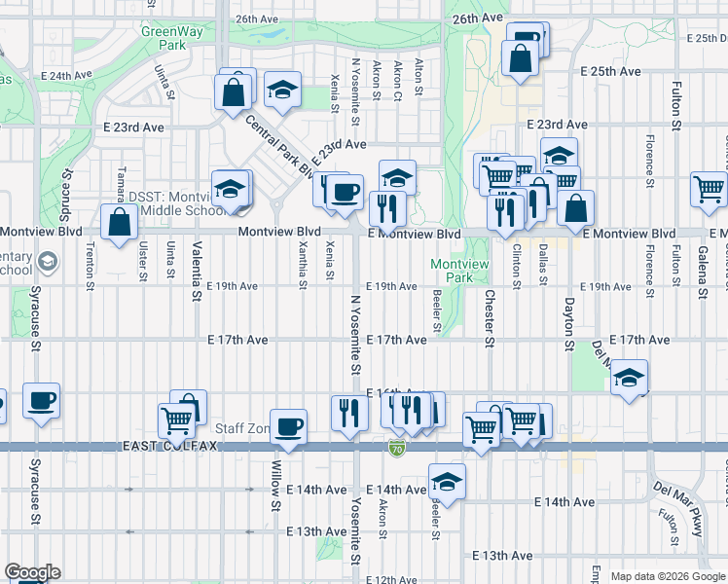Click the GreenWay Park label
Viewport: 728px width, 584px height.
tap(163, 38)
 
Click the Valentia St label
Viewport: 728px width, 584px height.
tap(197, 263)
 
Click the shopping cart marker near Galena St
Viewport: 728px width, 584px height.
tap(709, 189)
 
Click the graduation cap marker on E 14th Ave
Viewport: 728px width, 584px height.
tap(447, 481)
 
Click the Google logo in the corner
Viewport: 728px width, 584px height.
tap(32, 572)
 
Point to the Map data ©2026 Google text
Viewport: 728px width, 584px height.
tap(668, 576)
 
